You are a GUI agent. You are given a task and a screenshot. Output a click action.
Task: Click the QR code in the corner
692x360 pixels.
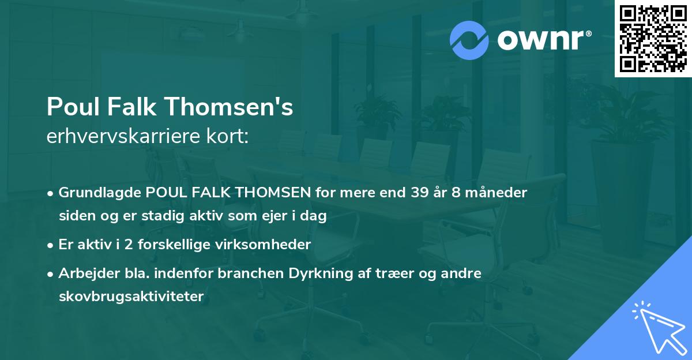point(653,39)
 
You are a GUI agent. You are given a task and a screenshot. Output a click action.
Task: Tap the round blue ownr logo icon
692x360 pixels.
point(470,40)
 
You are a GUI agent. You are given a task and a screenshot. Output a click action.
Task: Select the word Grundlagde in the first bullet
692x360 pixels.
point(93,193)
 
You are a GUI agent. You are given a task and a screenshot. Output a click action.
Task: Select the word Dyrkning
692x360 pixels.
point(311,273)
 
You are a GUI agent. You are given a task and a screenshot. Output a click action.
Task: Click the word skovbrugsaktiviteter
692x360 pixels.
point(131,297)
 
